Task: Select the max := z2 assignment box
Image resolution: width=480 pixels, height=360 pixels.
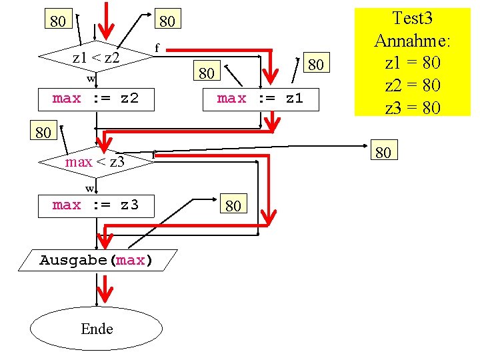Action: click(x=95, y=99)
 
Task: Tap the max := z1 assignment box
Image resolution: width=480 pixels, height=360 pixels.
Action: click(x=260, y=99)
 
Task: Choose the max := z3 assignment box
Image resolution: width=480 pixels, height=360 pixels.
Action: click(x=95, y=205)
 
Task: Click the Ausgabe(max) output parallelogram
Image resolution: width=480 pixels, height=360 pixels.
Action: click(x=97, y=260)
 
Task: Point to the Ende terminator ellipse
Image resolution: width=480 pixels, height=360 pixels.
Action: click(x=97, y=329)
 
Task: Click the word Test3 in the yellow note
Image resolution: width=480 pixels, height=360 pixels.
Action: click(x=412, y=18)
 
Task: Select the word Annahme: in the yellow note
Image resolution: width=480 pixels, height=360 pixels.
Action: click(x=412, y=40)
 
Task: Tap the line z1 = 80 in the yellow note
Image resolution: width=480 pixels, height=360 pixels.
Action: click(x=412, y=63)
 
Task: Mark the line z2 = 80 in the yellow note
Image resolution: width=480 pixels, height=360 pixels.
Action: click(x=412, y=85)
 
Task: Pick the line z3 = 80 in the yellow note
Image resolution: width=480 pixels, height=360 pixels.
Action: click(x=412, y=107)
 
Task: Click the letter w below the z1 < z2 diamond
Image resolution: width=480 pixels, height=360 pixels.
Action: click(x=91, y=79)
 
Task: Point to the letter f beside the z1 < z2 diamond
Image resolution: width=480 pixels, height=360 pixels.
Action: click(x=157, y=48)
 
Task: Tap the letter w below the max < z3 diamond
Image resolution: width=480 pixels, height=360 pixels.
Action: click(x=89, y=188)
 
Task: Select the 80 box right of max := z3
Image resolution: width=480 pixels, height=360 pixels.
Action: click(x=233, y=205)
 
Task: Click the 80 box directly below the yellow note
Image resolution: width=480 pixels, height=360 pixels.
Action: click(x=383, y=153)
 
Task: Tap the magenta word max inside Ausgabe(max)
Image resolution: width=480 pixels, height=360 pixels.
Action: click(x=130, y=260)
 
